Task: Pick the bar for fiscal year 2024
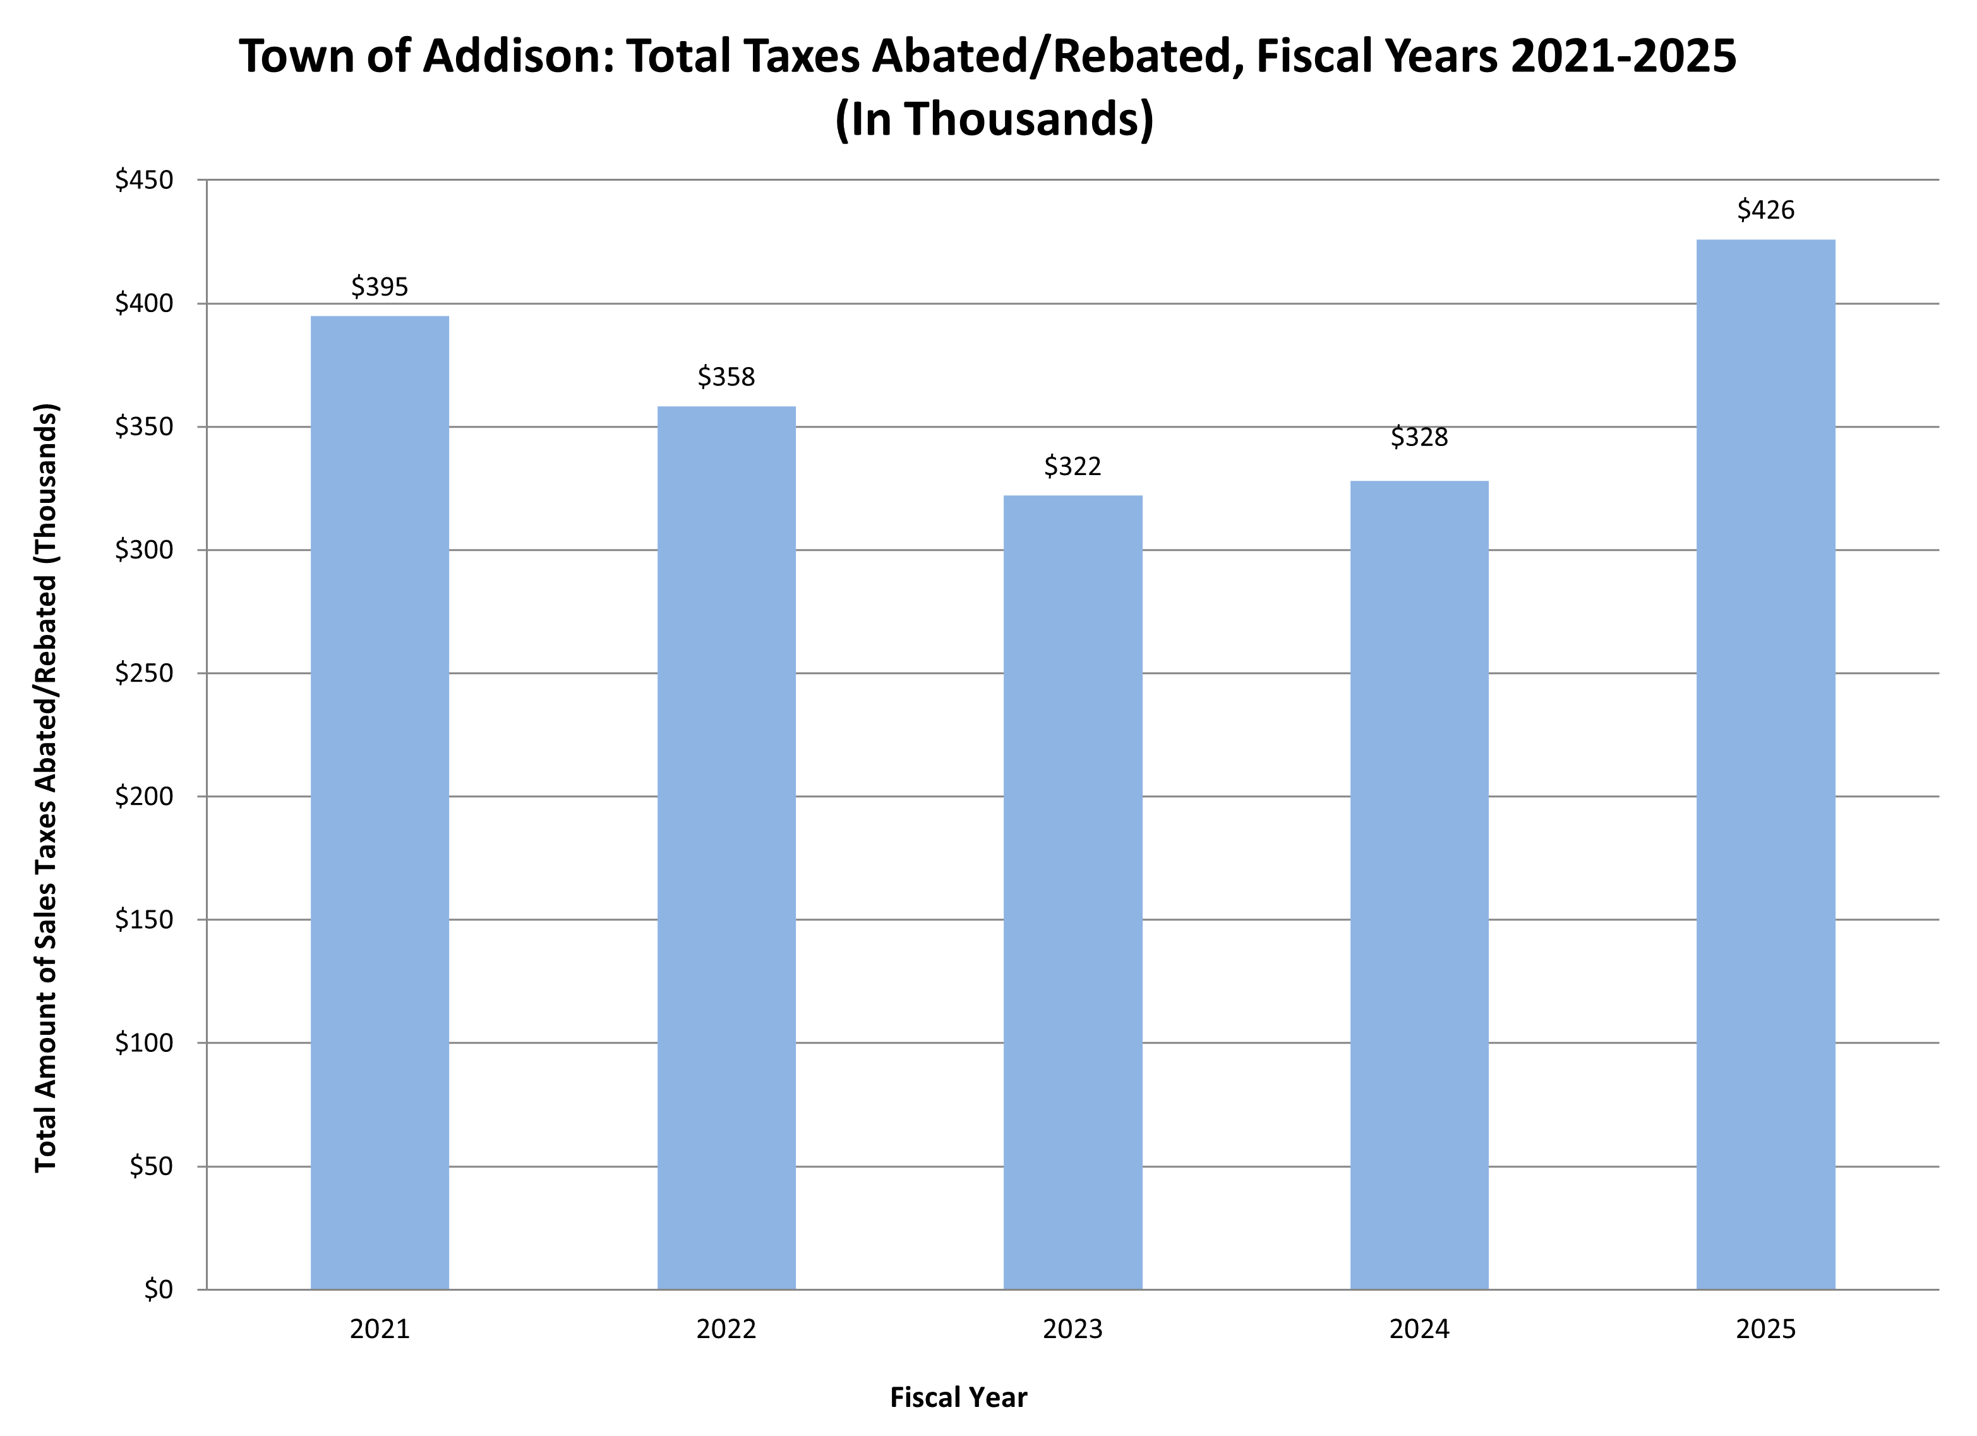point(1419,885)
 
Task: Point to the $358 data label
point(726,378)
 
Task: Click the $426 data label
point(1765,210)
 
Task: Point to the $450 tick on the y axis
point(145,181)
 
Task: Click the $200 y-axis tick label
point(145,796)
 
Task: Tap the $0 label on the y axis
point(159,1289)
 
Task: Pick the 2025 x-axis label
point(1765,1330)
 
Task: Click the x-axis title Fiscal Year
point(958,1397)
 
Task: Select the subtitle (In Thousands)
point(994,119)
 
